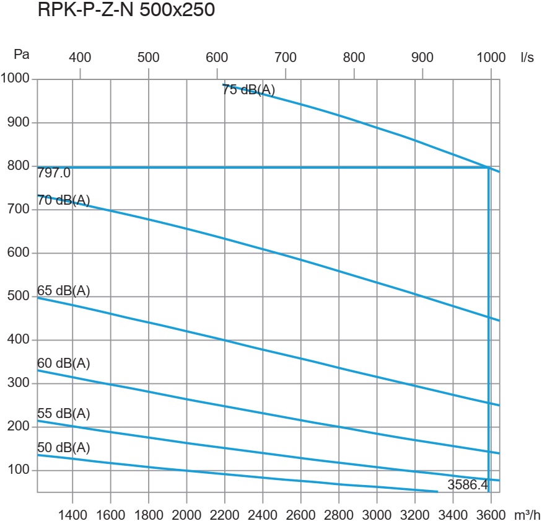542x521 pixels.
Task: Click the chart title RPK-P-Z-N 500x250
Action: click(126, 11)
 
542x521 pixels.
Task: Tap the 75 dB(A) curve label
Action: click(248, 90)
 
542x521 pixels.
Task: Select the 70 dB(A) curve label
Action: click(64, 200)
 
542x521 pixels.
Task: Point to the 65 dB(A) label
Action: click(64, 290)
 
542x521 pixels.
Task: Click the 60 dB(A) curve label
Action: click(64, 363)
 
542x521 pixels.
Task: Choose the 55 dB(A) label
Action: click(64, 414)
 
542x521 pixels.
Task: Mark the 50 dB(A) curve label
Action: click(64, 448)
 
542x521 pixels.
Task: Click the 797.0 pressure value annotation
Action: click(54, 173)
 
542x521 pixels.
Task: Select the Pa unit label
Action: click(22, 55)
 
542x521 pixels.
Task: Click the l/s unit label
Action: click(527, 58)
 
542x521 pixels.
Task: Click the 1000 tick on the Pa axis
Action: click(15, 79)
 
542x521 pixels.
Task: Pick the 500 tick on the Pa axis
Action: click(19, 296)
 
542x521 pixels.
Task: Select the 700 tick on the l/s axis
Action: click(286, 58)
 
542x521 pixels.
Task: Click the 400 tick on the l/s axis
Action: click(80, 58)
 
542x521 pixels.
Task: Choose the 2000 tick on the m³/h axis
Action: click(186, 515)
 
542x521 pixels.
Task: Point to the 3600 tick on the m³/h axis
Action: click(491, 515)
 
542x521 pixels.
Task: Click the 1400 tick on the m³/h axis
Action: click(73, 515)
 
